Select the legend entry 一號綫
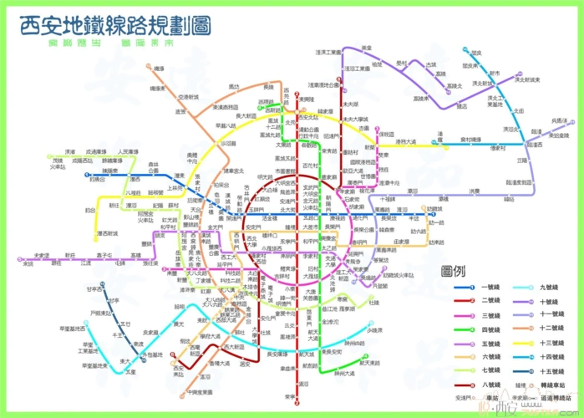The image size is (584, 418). [x=490, y=287]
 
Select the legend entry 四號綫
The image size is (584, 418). [x=490, y=328]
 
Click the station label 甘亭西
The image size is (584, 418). [x=94, y=288]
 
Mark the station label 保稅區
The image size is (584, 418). [x=385, y=133]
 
